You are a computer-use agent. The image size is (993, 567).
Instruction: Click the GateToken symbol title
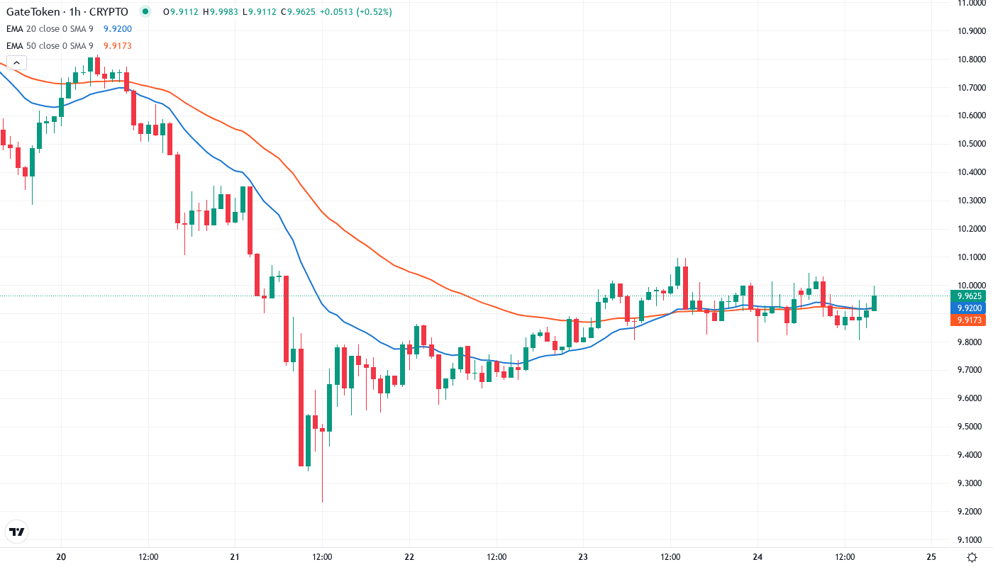(67, 12)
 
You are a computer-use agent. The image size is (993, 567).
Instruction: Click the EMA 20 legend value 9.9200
(117, 28)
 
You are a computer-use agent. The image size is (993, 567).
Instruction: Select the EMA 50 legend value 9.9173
(117, 45)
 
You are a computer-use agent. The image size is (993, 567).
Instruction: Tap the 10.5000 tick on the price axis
(971, 144)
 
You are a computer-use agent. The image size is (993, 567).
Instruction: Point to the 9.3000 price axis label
(971, 483)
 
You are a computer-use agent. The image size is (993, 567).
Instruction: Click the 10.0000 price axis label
(971, 286)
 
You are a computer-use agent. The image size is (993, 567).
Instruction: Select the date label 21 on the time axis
(235, 556)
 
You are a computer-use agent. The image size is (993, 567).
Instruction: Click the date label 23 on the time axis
(584, 556)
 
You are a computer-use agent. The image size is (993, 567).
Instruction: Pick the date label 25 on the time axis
(932, 556)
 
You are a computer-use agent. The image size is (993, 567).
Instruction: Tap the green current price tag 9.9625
(969, 296)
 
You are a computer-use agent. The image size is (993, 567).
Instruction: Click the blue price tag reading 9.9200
(969, 308)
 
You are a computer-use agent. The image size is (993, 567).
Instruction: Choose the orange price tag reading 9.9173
(969, 320)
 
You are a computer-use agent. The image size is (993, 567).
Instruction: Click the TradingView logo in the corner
(17, 532)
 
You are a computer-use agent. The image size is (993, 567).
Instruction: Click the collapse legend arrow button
(16, 62)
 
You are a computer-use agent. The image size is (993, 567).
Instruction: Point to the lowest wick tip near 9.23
(322, 502)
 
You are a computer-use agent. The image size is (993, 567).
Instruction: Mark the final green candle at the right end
(875, 303)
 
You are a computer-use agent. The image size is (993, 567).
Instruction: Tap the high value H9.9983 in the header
(224, 12)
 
